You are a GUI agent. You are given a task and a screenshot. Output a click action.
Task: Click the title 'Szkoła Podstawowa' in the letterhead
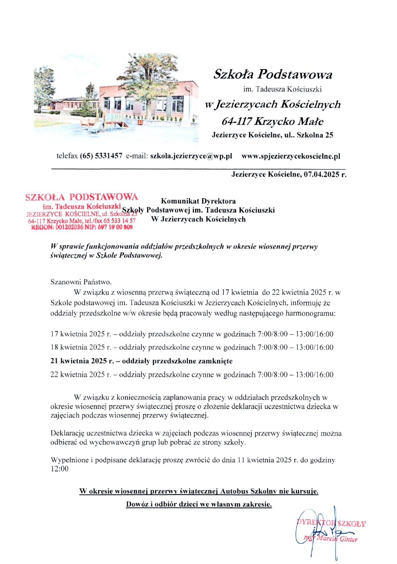click(272, 74)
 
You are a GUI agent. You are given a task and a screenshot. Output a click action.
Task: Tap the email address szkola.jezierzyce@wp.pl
click(191, 156)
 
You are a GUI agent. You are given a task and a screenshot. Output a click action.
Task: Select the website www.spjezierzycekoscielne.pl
click(291, 156)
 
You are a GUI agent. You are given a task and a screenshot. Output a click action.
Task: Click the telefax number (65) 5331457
click(101, 156)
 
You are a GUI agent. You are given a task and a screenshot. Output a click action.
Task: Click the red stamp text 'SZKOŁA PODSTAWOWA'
click(82, 197)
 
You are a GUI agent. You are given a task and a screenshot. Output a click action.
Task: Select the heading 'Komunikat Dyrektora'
click(198, 201)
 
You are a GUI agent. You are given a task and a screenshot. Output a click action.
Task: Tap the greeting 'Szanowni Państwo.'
click(81, 282)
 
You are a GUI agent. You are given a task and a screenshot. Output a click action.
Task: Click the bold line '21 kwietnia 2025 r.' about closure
click(81, 361)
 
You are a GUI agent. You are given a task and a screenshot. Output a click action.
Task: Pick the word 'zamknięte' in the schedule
click(216, 361)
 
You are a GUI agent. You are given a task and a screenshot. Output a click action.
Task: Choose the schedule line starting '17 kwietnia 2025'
click(192, 334)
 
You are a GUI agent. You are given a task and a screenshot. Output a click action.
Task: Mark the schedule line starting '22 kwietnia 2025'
click(192, 375)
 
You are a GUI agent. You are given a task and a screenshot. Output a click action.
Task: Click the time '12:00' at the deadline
click(60, 469)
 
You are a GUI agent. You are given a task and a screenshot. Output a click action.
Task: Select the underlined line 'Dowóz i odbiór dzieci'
click(199, 504)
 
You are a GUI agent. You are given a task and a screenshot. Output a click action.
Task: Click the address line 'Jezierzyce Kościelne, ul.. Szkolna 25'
click(272, 135)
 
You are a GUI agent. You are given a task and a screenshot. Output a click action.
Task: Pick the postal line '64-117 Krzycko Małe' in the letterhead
click(272, 121)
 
